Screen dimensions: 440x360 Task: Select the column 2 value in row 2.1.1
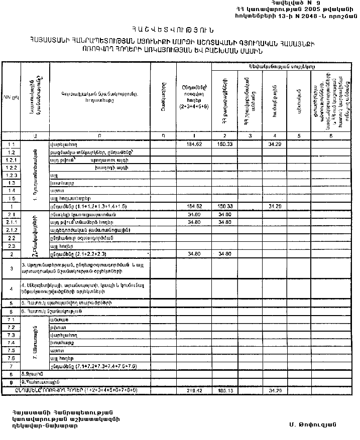(224, 222)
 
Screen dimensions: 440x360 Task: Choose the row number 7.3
(11, 335)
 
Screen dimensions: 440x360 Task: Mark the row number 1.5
(11, 199)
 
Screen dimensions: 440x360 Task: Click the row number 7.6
(11, 358)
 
